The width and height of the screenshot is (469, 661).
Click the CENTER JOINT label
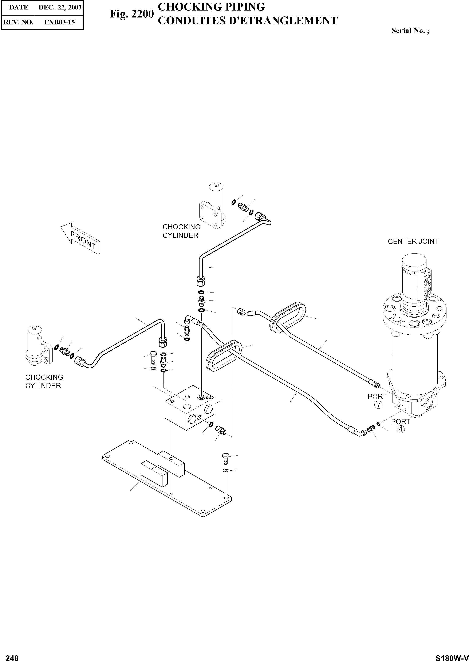[413, 241]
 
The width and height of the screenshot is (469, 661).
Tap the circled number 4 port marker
[400, 429]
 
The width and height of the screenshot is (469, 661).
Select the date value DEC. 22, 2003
[60, 8]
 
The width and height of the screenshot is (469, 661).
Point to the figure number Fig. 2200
[131, 14]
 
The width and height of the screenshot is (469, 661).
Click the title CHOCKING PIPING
[211, 7]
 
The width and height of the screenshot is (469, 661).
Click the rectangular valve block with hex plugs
[189, 407]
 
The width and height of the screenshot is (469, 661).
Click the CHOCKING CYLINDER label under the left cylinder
[44, 381]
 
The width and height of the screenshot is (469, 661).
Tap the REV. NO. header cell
[18, 22]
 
